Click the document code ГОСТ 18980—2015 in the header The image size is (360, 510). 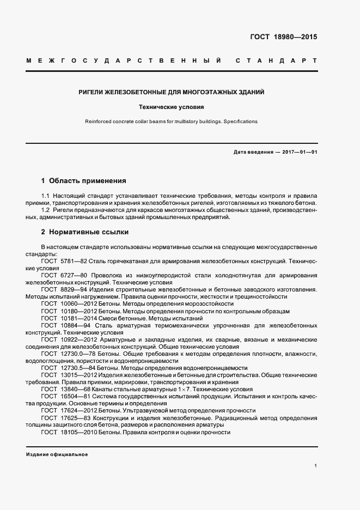pos(283,38)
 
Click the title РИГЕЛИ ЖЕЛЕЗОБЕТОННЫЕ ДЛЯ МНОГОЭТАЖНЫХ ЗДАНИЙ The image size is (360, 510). pos(172,93)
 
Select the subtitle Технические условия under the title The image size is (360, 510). pos(172,107)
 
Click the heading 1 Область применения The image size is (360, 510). pos(83,180)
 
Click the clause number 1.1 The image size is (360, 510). pos(46,195)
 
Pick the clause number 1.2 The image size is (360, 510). pos(46,210)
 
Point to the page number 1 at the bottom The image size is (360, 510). pos(315,465)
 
